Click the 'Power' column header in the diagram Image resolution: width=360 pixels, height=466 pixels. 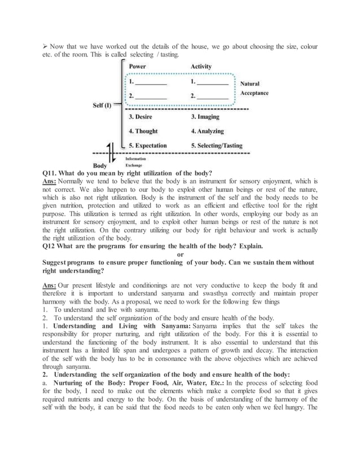138,67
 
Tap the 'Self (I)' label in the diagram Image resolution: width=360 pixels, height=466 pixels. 102,105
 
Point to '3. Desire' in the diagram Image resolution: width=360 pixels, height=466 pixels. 144,117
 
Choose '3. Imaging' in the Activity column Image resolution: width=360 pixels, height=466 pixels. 205,117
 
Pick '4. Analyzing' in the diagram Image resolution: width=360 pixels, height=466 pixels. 208,131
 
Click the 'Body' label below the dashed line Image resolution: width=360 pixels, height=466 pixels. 100,166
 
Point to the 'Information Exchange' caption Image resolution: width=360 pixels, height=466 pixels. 134,162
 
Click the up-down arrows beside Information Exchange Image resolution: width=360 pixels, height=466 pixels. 113,153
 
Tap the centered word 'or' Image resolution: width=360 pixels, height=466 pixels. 181,254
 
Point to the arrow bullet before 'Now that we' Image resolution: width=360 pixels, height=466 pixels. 46,46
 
